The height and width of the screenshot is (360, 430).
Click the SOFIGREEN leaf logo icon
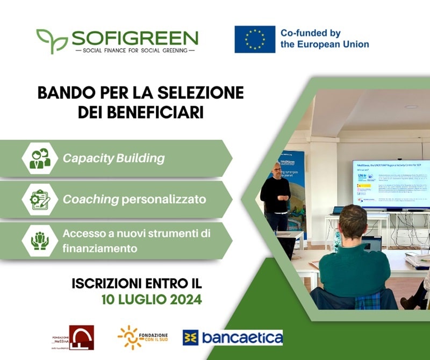tap(52, 40)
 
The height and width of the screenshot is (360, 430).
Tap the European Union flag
tap(255, 39)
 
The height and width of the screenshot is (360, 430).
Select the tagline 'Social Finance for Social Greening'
tap(135, 50)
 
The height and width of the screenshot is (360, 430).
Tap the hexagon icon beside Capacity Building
tap(40, 159)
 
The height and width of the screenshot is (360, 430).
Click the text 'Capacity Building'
tap(113, 159)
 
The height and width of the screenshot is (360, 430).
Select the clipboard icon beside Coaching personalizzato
tap(40, 199)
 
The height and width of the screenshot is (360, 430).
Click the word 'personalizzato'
tap(164, 199)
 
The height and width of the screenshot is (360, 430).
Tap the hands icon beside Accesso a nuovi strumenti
tap(40, 240)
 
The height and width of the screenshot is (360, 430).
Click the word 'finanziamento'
tap(101, 249)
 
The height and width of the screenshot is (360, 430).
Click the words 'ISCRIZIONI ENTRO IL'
tap(137, 283)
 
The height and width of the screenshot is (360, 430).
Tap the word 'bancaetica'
tap(241, 337)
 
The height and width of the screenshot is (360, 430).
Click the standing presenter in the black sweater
tap(276, 196)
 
